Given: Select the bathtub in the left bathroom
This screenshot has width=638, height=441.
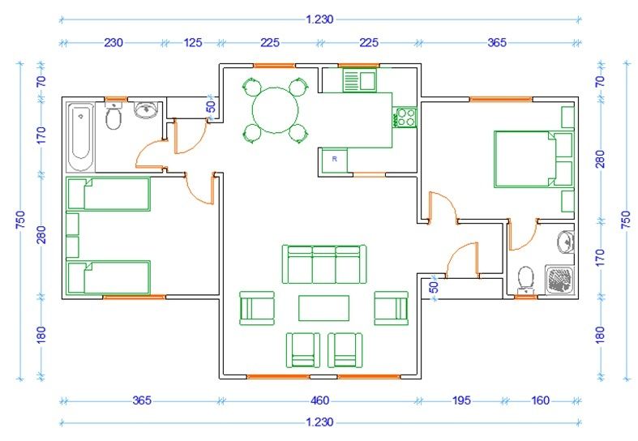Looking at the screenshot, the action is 81,137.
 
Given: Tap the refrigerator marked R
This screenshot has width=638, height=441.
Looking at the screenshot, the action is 335,160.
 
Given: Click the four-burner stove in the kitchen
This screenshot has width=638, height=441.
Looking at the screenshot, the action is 405,118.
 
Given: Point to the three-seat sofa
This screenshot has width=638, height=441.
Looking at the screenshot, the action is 324,264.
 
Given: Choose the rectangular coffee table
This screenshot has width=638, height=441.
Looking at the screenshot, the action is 324,308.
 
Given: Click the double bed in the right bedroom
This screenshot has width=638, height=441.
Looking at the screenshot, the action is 533,159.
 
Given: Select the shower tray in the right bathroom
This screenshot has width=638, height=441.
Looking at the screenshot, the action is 559,280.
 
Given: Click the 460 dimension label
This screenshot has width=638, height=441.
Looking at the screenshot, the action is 319,400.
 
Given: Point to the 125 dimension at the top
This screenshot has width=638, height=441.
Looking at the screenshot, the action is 192,43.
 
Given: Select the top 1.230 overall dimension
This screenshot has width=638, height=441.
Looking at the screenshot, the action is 320,19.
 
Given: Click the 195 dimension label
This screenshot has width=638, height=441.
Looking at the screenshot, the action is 461,400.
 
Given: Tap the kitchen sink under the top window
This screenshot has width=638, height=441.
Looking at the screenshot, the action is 360,79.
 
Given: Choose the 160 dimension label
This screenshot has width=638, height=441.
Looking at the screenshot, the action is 540,400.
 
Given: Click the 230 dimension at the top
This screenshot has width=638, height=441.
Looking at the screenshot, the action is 113,43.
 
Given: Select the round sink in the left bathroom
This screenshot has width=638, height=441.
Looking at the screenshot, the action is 145,109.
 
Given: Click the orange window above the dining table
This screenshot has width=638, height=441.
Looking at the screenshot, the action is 275,65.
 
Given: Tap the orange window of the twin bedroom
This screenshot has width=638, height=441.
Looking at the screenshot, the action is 135,297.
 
